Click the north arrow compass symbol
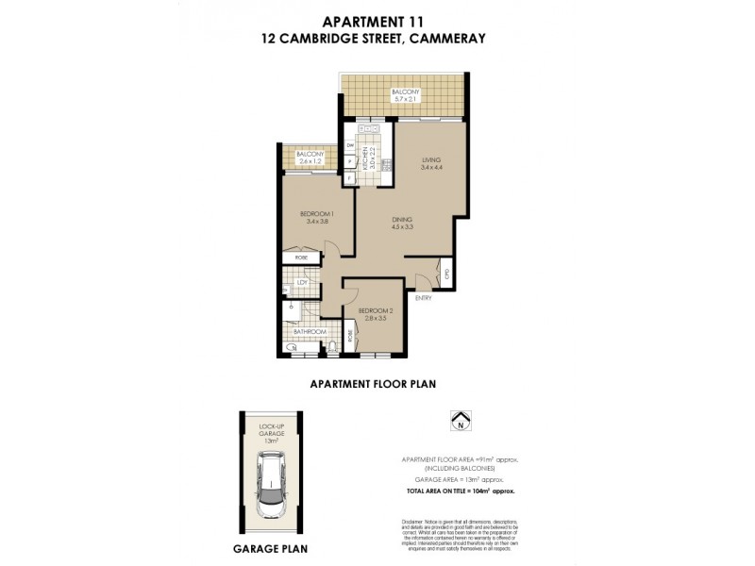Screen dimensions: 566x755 pos(460,420)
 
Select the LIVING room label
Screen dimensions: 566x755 pos(432,160)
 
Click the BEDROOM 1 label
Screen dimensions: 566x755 pos(313,214)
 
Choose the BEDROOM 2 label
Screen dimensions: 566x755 pos(375,310)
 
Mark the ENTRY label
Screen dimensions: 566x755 pos(422,298)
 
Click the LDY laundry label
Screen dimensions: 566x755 pos(302,282)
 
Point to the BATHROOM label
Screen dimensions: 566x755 pos(309,332)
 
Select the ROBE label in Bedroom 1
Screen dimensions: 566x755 pos(301,258)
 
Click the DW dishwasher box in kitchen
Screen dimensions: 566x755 pos(349,146)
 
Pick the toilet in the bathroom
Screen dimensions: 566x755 pos(333,349)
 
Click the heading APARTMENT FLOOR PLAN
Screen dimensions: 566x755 pos(373,384)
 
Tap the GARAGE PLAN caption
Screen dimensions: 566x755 pos(270,547)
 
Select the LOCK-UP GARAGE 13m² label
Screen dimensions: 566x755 pos(271,433)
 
